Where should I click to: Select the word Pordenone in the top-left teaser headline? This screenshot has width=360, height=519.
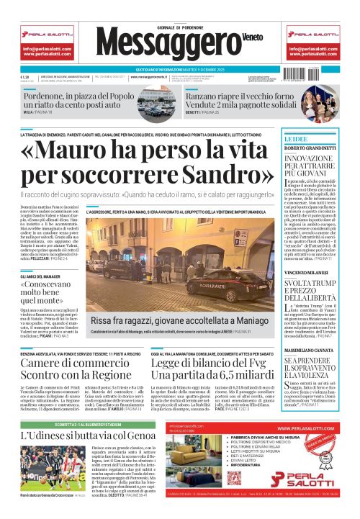tap(50, 96)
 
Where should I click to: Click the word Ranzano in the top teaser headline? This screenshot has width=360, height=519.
tap(207, 96)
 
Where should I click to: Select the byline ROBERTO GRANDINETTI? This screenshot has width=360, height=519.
tap(312, 149)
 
